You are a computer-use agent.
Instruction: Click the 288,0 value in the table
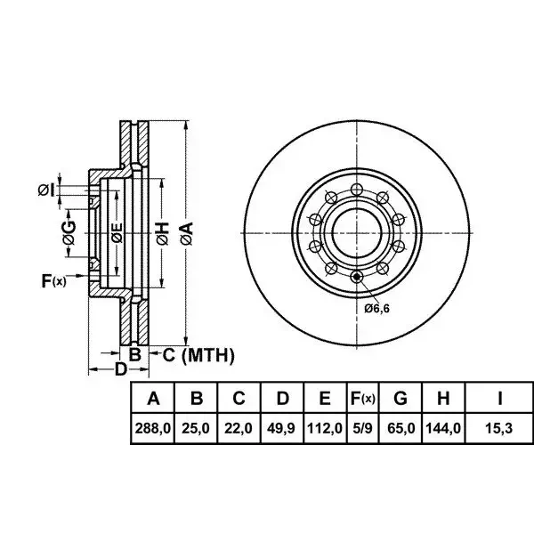[152, 428]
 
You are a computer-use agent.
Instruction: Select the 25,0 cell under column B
[196, 428]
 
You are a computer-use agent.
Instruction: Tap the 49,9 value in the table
[281, 428]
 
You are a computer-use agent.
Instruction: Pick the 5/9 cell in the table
[363, 428]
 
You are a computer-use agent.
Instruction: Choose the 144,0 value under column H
[443, 428]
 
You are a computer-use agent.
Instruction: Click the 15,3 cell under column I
[498, 428]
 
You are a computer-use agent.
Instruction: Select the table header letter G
[400, 398]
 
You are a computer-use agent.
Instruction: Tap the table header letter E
[325, 398]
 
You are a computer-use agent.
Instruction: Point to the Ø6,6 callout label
[376, 309]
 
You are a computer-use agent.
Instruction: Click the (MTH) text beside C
[208, 355]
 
